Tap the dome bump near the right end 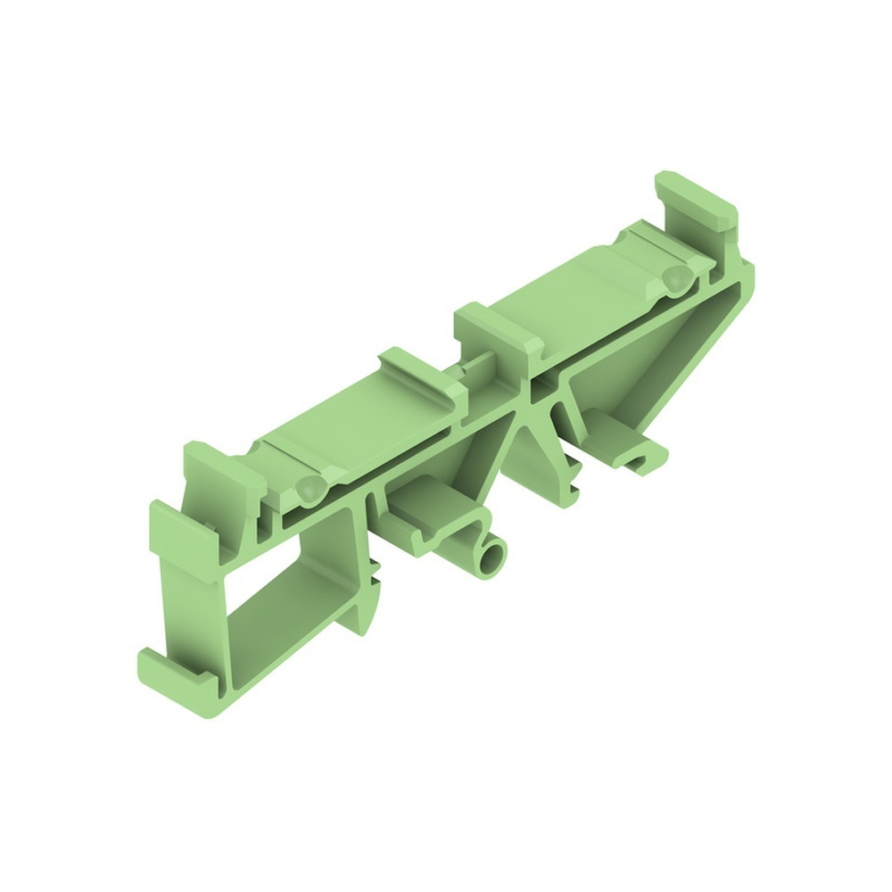pyautogui.click(x=675, y=279)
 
